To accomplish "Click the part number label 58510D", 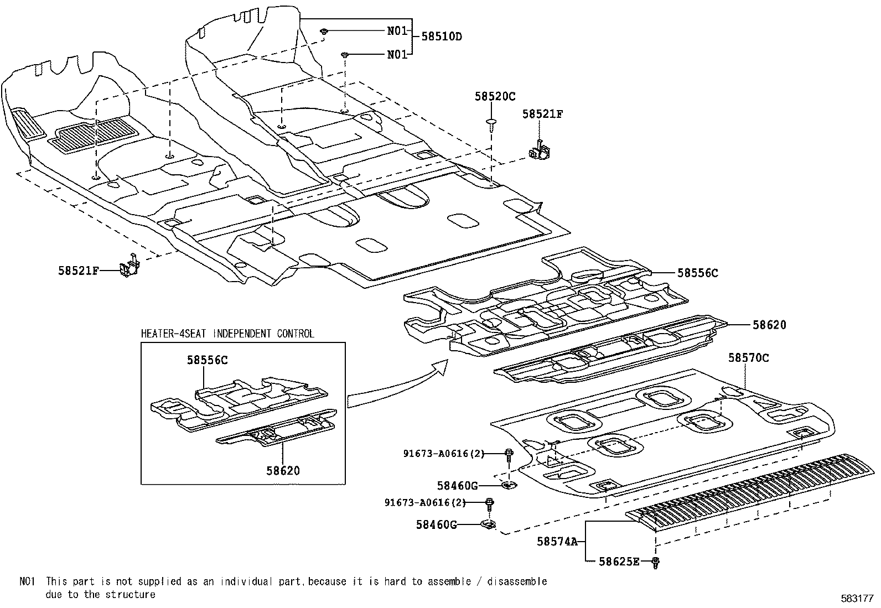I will point(442,37).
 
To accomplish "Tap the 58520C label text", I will point(495,96).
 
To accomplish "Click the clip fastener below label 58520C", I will point(490,123).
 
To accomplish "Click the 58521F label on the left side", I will point(79,271).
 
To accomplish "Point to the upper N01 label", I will point(397,31).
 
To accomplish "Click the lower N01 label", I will point(397,54).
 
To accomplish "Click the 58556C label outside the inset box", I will point(698,273).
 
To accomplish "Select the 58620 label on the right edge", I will point(769,325).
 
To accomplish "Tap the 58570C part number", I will point(748,358).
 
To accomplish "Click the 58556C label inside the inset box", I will point(207,360).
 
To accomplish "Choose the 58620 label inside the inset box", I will point(283,471).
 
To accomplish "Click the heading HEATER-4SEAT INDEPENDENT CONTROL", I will point(227,334).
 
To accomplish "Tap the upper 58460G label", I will point(457,486).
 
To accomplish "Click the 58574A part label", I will point(557,542).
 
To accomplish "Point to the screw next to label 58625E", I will point(656,563).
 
